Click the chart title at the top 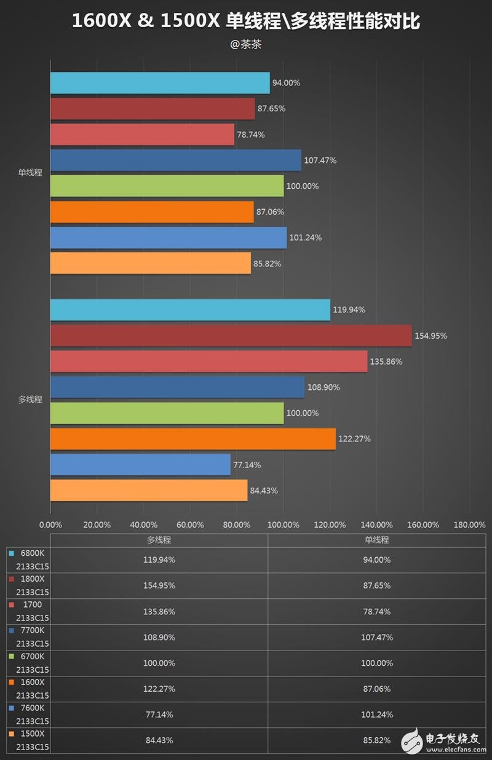[246, 22]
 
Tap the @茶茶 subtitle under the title [246, 44]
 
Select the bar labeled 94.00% [160, 83]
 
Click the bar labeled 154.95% [231, 336]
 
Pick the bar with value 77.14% [140, 465]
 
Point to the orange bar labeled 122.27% [192, 439]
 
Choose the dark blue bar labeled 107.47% [175, 160]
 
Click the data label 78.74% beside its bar [251, 135]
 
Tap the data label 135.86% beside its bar [386, 362]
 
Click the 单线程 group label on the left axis [30, 173]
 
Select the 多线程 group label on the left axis [30, 400]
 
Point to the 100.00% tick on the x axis [283, 524]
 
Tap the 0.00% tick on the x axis [50, 524]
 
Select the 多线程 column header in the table [159, 540]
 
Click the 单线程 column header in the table [377, 540]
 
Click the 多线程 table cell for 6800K [159, 560]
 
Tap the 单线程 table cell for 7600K [377, 715]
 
